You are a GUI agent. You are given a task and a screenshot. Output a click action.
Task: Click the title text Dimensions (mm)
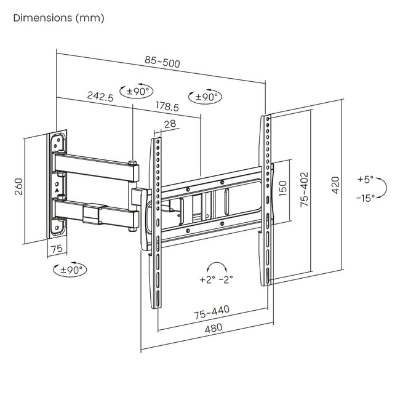point(58,18)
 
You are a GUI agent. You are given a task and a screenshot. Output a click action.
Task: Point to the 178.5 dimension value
point(167,106)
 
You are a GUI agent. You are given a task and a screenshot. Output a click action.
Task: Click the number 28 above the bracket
point(170,124)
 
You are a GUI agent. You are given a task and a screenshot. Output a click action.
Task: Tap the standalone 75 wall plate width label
point(57,249)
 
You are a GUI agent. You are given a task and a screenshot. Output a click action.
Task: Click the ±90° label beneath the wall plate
point(70,269)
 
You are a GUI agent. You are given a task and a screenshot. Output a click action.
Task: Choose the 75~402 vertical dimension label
point(305,190)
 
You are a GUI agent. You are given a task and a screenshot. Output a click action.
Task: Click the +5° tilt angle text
point(365,180)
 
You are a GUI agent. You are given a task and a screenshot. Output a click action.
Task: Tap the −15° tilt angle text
point(365,198)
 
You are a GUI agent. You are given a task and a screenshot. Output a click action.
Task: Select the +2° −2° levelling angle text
point(216,279)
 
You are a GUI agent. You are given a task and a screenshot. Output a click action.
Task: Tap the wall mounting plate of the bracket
point(58,185)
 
